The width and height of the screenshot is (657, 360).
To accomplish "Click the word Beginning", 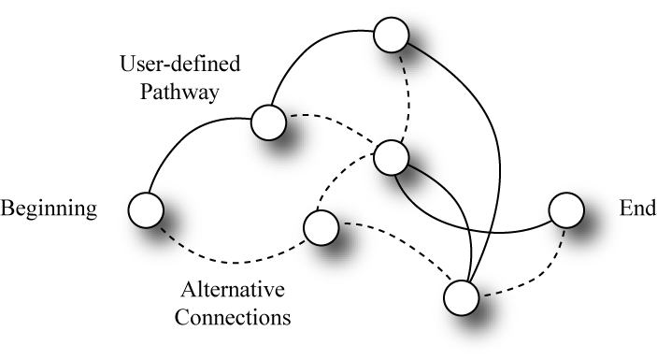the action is pos(49,209).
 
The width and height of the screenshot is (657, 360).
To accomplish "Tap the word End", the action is pos(637,208).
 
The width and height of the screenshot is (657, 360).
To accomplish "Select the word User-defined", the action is pos(180,64).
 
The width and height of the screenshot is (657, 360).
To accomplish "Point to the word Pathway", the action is pos(179,92).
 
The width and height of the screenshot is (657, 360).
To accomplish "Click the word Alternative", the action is pos(233,289).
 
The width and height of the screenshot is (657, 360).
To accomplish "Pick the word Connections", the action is pos(233,317).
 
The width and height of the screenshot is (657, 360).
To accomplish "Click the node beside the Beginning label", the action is pos(146,210).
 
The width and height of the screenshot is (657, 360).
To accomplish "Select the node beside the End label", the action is pos(566,210).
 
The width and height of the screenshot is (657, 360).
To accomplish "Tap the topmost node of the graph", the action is pos(391,35).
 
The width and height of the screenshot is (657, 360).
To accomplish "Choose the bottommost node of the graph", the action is pos(462,297).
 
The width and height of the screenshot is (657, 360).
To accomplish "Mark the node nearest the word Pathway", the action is pos(268,122).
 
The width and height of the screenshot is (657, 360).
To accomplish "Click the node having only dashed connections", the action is pos(321,227).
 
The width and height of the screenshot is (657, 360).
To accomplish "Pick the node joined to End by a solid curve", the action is pos(391,158).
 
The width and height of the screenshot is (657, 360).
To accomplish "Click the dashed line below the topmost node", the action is pos(407,96).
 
